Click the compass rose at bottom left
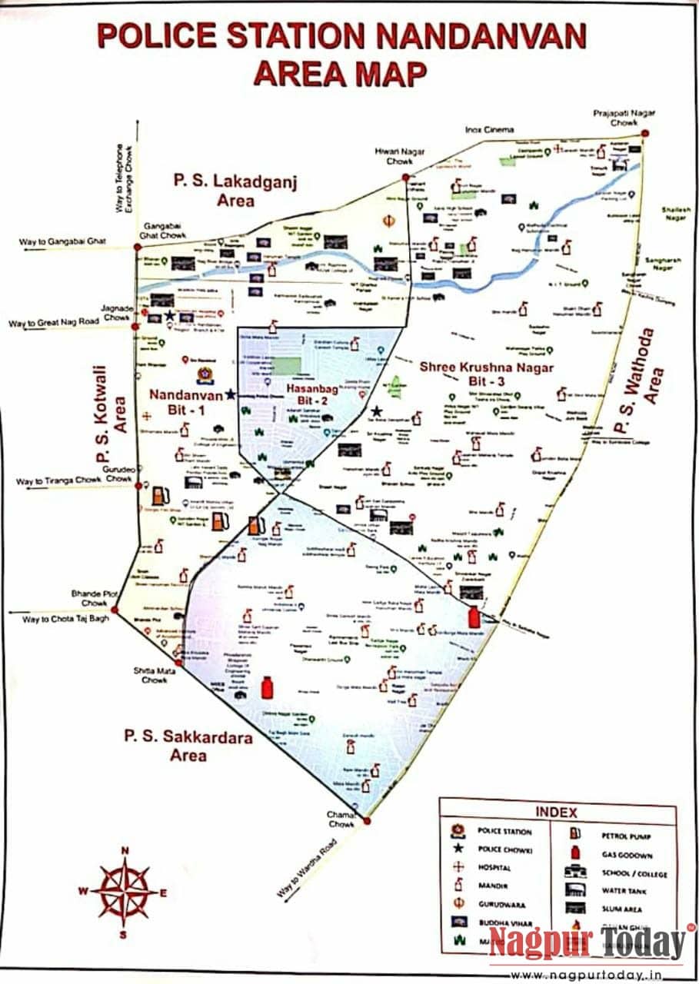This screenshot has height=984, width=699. click(x=123, y=892)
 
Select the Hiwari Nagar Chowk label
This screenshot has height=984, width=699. click(x=400, y=157)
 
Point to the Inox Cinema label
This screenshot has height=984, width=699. click(x=489, y=129)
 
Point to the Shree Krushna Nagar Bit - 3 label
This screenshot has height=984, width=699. click(x=486, y=374)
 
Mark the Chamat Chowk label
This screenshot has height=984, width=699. click(x=342, y=819)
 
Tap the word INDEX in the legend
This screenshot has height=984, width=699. click(x=555, y=812)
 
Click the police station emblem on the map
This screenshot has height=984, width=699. click(x=205, y=375)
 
